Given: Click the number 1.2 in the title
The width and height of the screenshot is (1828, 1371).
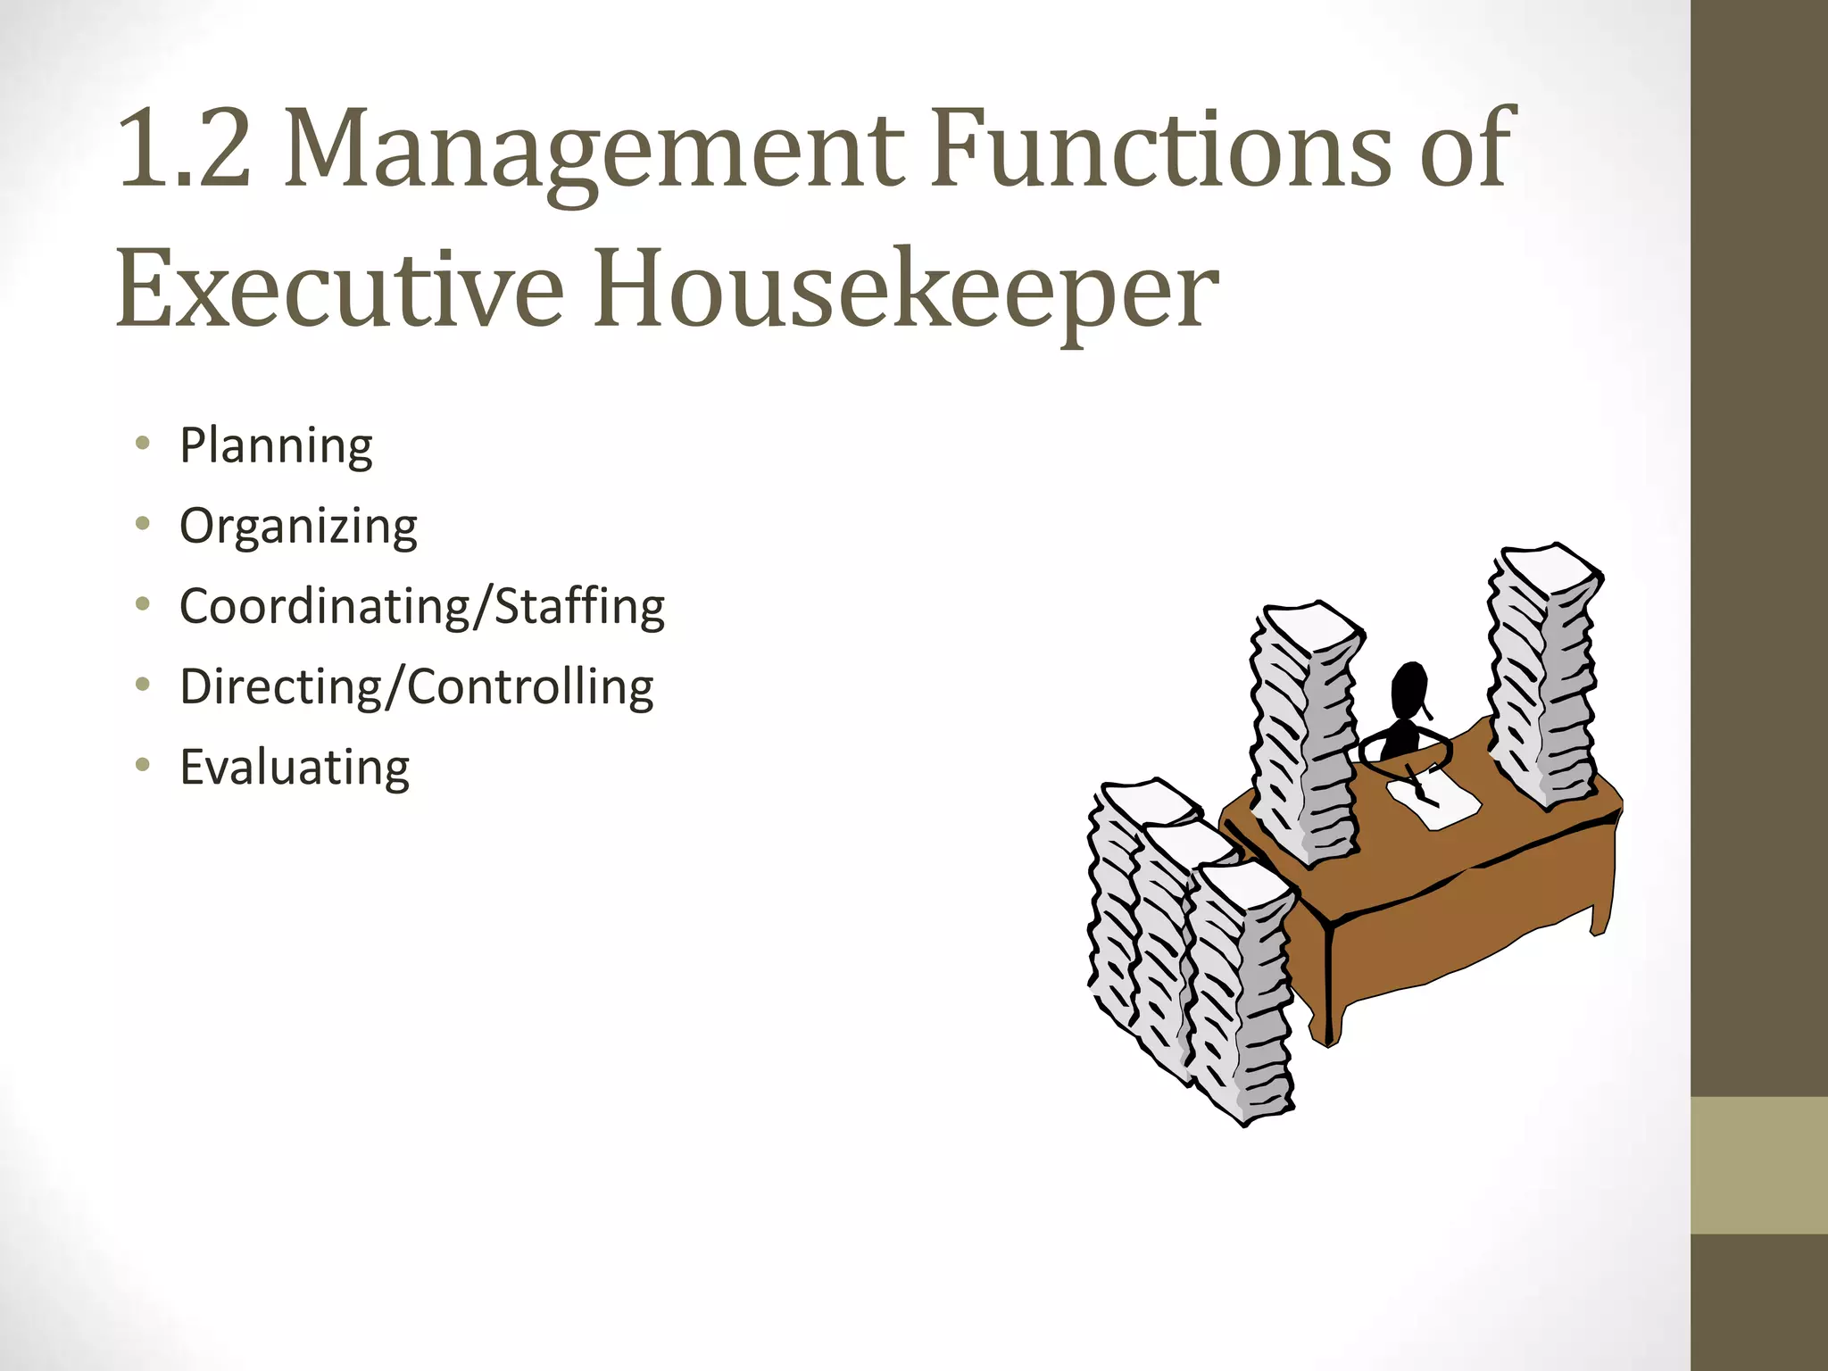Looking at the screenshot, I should (x=184, y=148).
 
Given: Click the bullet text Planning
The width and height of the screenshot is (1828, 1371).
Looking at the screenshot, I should (x=276, y=446).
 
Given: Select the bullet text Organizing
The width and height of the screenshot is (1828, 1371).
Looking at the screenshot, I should (x=298, y=527).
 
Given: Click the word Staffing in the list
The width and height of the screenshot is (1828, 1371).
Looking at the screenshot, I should (x=580, y=607).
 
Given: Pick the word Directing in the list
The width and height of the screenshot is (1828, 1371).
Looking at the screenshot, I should (x=280, y=687).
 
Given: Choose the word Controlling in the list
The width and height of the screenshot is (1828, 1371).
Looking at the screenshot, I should (x=531, y=687).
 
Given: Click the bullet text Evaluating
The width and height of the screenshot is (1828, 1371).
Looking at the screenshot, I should (x=295, y=768).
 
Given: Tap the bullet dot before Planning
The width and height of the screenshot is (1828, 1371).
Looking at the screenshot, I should (x=143, y=444).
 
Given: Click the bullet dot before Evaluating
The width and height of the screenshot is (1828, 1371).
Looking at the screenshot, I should (x=143, y=765).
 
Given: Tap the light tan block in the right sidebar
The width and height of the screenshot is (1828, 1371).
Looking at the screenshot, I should (x=1759, y=1165).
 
